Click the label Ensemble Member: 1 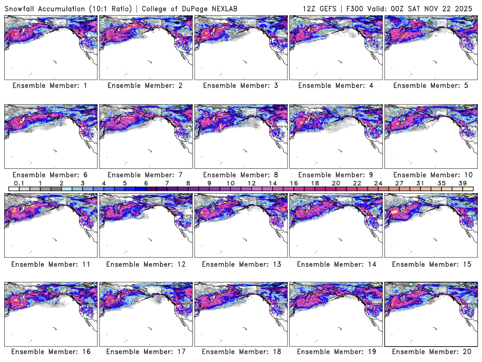49,86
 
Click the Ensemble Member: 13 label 240,264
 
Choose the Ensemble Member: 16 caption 49,351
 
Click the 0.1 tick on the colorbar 19,183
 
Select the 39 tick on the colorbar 463,183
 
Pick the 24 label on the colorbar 378,183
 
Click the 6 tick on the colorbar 146,183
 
